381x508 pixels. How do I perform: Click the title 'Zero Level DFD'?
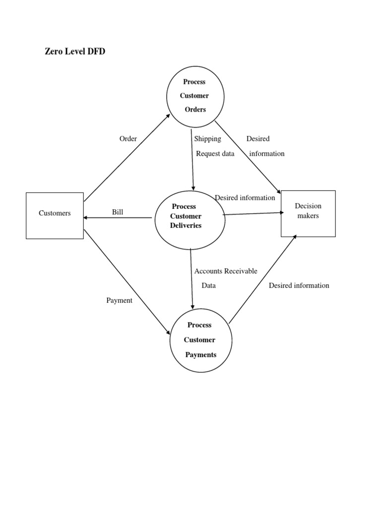click(x=75, y=52)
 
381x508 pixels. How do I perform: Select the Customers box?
click(x=55, y=215)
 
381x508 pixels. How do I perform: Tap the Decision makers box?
click(x=308, y=213)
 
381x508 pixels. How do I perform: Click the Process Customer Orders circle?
click(x=194, y=96)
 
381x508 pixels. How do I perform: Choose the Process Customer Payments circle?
click(x=200, y=340)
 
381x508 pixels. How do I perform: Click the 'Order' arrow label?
click(x=128, y=139)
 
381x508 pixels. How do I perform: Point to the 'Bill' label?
click(x=118, y=212)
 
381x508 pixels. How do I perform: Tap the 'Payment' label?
click(x=119, y=300)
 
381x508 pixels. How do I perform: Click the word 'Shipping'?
click(x=207, y=139)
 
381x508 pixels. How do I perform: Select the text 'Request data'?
click(x=215, y=153)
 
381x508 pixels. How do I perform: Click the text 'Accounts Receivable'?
click(x=226, y=271)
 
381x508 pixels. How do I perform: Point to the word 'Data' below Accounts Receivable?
click(x=208, y=285)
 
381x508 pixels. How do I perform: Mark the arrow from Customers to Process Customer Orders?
click(x=127, y=158)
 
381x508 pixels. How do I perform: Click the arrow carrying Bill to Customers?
click(x=118, y=218)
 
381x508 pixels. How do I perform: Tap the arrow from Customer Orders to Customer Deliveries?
click(x=192, y=159)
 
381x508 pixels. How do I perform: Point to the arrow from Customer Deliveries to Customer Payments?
click(x=191, y=278)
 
